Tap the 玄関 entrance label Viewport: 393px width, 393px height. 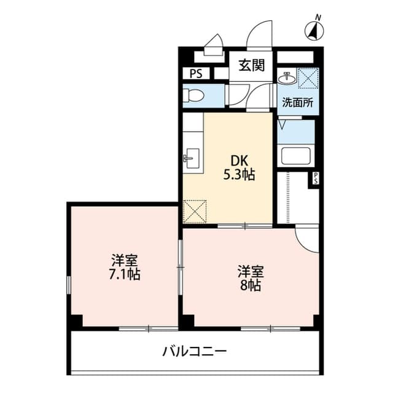point(252,65)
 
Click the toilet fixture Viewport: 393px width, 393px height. point(193,96)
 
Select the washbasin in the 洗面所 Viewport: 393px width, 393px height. point(286,78)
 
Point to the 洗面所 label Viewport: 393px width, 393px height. point(297,103)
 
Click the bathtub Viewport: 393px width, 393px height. point(296,156)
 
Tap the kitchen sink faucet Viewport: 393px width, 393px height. point(189,159)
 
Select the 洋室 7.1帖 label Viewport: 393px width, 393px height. point(125,268)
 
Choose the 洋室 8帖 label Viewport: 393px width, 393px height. point(251,278)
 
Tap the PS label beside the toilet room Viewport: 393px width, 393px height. point(195,74)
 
